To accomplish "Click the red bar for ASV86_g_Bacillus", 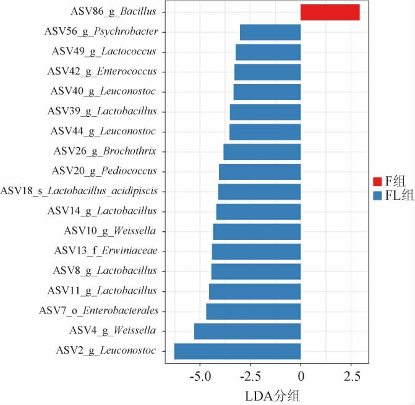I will [330, 12].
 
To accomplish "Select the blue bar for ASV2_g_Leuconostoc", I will [237, 351].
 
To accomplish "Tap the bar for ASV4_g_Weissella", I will [247, 331].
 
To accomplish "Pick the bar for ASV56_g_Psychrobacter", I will [270, 32].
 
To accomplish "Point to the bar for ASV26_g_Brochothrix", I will [262, 151].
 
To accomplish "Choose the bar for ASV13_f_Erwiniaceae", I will [256, 251].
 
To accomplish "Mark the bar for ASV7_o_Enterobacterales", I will [253, 311].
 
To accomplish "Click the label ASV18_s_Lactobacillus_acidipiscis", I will [79, 191].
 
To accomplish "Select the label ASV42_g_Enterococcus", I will [102, 71].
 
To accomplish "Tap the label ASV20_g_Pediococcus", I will [104, 171].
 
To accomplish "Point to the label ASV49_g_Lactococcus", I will [104, 51].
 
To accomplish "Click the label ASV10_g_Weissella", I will [110, 231].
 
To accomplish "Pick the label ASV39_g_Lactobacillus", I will [102, 111].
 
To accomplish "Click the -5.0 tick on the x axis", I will [200, 375].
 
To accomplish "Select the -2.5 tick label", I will [250, 375].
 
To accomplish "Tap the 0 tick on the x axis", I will [301, 375].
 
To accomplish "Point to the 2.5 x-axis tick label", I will [351, 375].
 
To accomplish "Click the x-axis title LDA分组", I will [267, 394].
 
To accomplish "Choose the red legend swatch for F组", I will [378, 181].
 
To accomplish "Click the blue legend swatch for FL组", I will [378, 195].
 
